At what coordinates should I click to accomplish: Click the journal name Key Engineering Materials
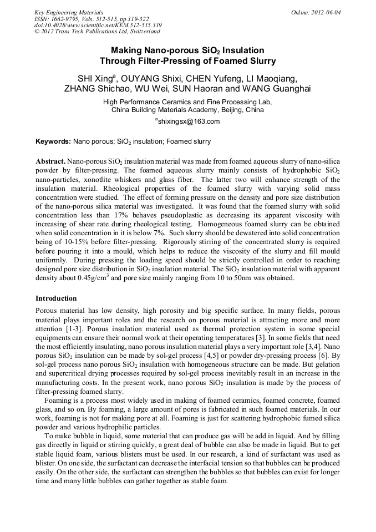pyautogui.click(x=69, y=12)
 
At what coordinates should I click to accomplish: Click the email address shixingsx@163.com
pyautogui.click(x=189, y=121)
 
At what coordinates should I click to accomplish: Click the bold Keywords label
pyautogui.click(x=53, y=141)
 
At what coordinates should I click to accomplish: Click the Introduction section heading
pyautogui.click(x=56, y=298)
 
